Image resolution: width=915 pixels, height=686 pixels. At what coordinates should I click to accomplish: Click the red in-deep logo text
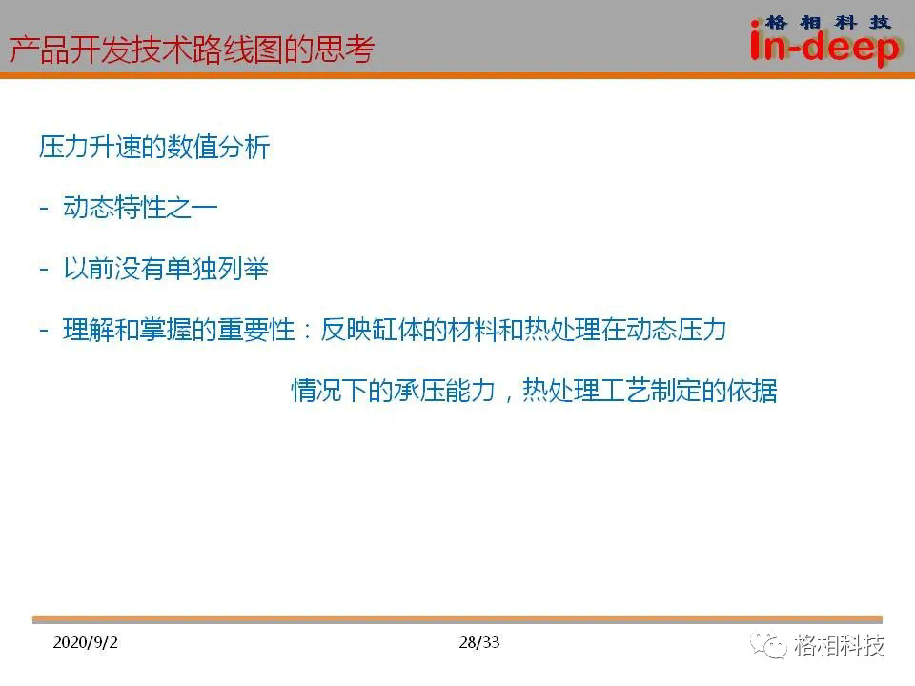click(823, 46)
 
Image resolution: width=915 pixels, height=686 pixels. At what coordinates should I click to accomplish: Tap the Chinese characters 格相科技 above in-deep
click(828, 23)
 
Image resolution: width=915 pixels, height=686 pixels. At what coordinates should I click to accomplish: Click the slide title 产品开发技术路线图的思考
click(192, 49)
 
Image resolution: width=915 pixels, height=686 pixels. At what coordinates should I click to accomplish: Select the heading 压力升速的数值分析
click(154, 147)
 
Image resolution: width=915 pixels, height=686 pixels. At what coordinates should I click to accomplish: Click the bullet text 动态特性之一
click(140, 208)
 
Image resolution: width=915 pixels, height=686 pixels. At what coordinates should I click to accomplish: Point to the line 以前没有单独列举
click(166, 269)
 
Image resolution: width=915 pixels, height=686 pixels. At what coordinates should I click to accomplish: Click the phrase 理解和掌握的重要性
click(179, 330)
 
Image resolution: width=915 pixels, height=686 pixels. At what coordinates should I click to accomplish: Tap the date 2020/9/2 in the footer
click(85, 642)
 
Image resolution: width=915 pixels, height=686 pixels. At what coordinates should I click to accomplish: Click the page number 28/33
click(479, 642)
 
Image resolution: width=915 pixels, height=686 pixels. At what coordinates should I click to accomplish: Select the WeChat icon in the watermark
click(768, 645)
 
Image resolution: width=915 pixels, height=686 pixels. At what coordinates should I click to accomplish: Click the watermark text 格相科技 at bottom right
click(839, 645)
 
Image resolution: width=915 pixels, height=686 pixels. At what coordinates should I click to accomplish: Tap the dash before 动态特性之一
click(44, 208)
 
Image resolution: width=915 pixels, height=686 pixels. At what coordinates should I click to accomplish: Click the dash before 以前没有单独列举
click(44, 269)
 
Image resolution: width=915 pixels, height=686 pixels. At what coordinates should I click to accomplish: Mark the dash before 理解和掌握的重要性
click(44, 331)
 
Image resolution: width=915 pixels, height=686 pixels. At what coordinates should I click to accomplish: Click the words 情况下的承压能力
click(394, 391)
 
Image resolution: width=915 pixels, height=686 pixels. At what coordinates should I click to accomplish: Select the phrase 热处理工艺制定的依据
click(649, 391)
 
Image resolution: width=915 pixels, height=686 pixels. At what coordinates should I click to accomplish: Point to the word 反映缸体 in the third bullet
click(372, 330)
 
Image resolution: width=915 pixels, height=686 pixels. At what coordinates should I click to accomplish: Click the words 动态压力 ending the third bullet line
click(676, 330)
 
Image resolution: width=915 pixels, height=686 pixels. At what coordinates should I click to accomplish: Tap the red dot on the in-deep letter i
click(755, 24)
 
